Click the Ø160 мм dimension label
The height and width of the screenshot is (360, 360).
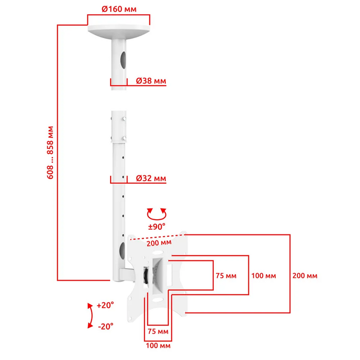coord(119,9)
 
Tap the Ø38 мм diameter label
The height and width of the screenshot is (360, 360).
coord(151,81)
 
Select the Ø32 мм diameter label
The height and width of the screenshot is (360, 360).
coord(151,178)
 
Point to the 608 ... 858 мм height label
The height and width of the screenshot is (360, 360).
coord(50,152)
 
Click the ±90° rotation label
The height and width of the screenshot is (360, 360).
coord(157,227)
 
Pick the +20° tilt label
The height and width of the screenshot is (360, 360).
coord(105,305)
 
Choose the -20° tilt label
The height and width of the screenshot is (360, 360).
coord(105,326)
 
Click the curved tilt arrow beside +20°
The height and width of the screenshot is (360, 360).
coord(91,316)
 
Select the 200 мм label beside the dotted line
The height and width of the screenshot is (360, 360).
coord(159,243)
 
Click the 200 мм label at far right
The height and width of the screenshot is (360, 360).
coord(304,275)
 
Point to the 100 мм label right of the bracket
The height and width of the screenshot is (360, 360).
coord(264,275)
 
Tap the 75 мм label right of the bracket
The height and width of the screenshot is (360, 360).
coord(226,275)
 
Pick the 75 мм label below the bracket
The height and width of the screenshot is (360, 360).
coord(158,331)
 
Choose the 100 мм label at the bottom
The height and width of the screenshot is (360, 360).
coord(158,346)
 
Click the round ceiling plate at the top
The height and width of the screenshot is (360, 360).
coord(119,31)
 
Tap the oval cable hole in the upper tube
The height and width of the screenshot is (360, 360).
coord(123,60)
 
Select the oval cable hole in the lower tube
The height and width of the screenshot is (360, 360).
coord(122,250)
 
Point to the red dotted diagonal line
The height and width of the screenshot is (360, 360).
coord(158,237)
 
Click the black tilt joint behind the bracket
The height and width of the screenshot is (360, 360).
coord(146,275)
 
